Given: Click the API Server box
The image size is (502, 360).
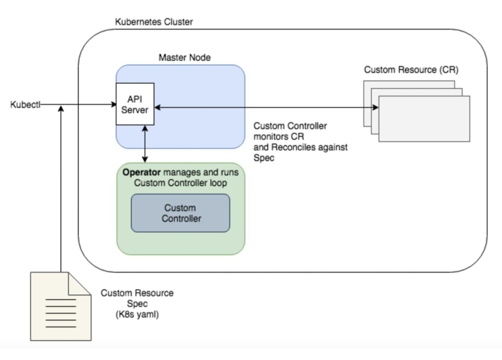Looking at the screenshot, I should (x=135, y=104).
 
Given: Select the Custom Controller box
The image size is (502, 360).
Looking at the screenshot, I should (x=180, y=213).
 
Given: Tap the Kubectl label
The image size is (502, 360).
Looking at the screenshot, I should (x=25, y=105).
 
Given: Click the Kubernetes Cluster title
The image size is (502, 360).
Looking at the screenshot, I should (x=154, y=22).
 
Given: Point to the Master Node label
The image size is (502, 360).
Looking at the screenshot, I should (x=185, y=57).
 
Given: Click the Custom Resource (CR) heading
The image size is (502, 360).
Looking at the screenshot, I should (x=411, y=70).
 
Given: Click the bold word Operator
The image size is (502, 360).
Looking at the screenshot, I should (x=141, y=172).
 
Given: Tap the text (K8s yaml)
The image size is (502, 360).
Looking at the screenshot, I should (x=137, y=314).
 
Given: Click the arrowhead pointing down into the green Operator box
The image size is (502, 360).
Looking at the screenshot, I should (x=145, y=159).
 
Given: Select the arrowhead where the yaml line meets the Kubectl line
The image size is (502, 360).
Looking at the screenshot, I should (x=61, y=108).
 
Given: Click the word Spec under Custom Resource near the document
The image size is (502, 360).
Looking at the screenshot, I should (x=137, y=304).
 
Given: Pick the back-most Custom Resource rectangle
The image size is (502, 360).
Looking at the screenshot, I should (x=409, y=84).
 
